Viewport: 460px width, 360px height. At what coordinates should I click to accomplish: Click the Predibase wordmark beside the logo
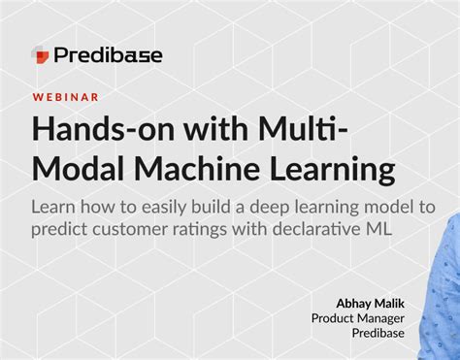pos(109,55)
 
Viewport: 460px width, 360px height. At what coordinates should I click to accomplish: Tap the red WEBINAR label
pos(65,98)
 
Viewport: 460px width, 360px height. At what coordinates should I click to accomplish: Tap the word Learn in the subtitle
pos(55,208)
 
